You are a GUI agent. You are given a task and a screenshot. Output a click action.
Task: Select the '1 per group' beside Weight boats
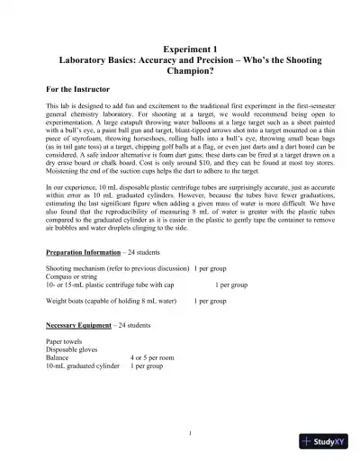pyautogui.click(x=213, y=301)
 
